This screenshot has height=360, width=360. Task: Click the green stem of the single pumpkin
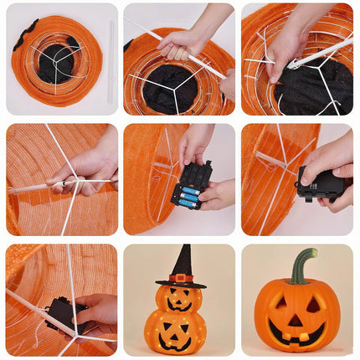coord(301,266)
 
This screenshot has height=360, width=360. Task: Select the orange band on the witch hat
coord(180,278)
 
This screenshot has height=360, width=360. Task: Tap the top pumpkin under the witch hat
coord(178,298)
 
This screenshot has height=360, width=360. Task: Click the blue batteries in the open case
coord(188,195)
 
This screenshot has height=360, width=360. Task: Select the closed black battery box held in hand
coord(319,183)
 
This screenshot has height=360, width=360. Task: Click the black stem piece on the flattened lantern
coord(25,35)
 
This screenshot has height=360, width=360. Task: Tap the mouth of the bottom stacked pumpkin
coord(176,342)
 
